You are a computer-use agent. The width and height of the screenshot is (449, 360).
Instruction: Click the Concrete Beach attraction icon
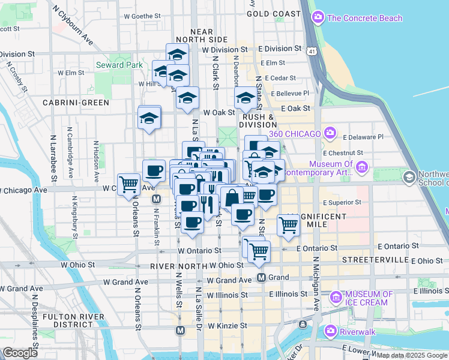[x=318, y=18]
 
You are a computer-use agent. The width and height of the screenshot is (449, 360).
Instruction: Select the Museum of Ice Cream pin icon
[x=336, y=296]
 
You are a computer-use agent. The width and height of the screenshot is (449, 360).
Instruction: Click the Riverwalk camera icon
[x=330, y=331]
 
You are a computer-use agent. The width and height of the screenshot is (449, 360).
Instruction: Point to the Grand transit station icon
[x=261, y=277]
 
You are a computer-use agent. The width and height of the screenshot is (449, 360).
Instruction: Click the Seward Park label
[x=119, y=65]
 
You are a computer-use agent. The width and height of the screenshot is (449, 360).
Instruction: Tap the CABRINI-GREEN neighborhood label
[x=76, y=103]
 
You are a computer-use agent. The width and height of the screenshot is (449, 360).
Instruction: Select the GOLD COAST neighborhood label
[x=273, y=13]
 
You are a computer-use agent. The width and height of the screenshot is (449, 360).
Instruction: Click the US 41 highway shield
[x=312, y=52]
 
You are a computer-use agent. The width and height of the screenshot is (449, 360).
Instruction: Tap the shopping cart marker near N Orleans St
[x=128, y=184]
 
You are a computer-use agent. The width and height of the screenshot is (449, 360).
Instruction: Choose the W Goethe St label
[x=140, y=16]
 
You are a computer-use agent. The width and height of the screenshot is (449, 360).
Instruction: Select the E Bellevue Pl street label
[x=290, y=93]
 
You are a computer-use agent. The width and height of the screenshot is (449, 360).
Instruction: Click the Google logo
[x=19, y=353]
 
